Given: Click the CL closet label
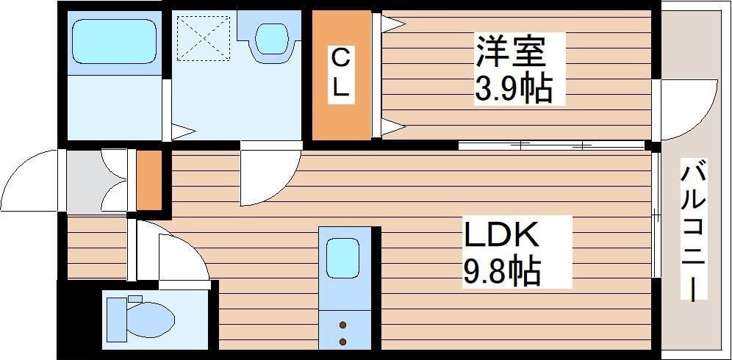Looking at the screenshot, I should tap(340, 73).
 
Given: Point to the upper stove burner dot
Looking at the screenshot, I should tap(343, 323).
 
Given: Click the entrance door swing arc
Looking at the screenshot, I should tap(29, 180).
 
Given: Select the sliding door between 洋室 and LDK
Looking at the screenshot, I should tap(551, 145).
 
